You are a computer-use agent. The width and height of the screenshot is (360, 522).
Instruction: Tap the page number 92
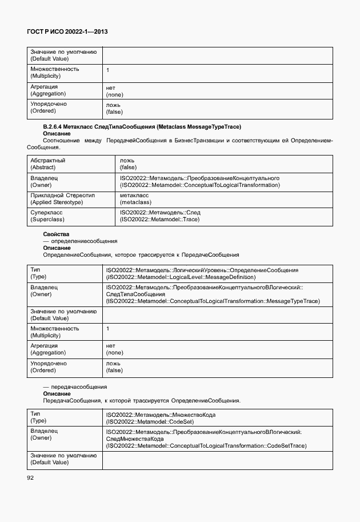[x=30, y=477]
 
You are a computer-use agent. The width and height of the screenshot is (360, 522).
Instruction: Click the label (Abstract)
[x=43, y=168]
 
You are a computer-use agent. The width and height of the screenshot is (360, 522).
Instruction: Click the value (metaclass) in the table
[x=135, y=202]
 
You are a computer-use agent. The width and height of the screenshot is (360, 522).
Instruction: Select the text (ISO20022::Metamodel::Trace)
[x=159, y=220]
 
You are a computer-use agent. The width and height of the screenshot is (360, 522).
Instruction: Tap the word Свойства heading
[x=56, y=234]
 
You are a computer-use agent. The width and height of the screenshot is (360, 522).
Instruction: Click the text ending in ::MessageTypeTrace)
[x=213, y=301]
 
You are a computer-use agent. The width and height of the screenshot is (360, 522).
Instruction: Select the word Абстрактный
[x=47, y=161]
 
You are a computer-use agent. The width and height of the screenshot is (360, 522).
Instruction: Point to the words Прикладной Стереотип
[x=62, y=196]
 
